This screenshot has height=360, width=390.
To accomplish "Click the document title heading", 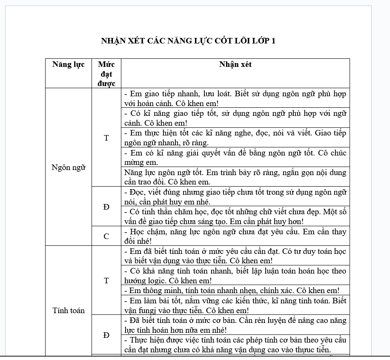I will [188, 41].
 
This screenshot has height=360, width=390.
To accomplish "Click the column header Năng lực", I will [69, 65].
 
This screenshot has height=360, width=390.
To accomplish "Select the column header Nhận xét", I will [235, 65].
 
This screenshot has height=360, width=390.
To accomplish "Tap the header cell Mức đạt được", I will [106, 74].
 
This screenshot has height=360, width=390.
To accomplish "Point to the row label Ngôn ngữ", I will [69, 167].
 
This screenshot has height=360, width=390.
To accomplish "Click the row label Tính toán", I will [69, 311].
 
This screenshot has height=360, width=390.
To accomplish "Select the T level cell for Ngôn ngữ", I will [106, 138].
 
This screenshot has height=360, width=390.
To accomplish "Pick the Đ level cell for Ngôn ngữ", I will [106, 207].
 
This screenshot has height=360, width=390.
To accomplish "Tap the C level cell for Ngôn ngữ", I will [106, 236].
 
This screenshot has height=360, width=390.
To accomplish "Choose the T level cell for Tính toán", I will [106, 281].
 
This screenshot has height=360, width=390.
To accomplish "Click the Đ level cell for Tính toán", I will [106, 335].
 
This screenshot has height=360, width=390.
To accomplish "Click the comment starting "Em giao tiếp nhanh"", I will [235, 98].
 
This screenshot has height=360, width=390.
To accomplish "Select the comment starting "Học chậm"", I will [235, 236].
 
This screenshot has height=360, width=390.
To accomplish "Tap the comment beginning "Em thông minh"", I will [232, 291].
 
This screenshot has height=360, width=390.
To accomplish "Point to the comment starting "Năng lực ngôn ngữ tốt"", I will [235, 177].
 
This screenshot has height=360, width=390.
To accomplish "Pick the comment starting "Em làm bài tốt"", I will [235, 306].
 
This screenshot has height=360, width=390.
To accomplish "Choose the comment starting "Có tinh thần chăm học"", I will [235, 216].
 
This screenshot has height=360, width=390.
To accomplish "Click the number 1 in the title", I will [273, 41].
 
